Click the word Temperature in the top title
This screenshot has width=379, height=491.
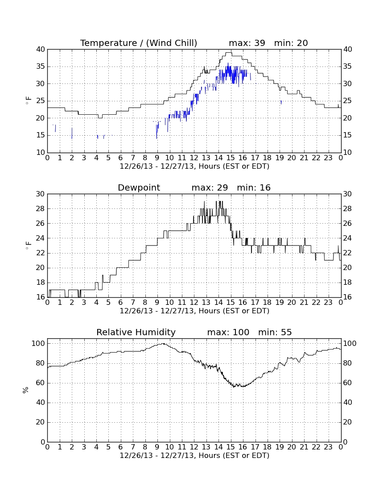(108, 43)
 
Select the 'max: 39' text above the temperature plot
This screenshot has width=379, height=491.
(247, 43)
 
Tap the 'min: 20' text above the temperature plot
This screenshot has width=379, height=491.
(291, 43)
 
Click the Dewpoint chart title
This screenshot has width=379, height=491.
(139, 188)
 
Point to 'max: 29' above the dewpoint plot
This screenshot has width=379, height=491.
(210, 187)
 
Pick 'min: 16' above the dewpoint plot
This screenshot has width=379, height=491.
(254, 187)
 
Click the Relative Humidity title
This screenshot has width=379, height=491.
(136, 333)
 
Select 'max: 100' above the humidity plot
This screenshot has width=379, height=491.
(228, 332)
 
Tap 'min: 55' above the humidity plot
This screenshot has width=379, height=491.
(275, 332)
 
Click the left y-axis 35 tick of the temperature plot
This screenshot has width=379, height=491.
(41, 67)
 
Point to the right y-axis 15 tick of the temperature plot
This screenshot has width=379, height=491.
(347, 135)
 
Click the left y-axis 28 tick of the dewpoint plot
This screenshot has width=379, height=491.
(41, 209)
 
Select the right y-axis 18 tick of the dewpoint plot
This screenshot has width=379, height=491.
(347, 283)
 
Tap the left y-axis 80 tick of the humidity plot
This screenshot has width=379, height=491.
(41, 363)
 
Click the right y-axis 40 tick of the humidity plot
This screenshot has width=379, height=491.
(347, 403)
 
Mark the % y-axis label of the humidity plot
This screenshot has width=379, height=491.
(26, 390)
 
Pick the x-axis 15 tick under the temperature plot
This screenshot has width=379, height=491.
(231, 158)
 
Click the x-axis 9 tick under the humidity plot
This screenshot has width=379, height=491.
(157, 447)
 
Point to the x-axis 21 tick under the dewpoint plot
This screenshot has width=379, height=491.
(304, 303)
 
